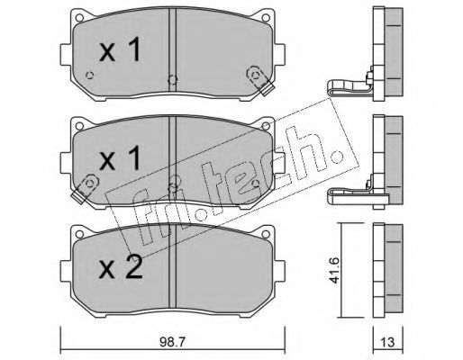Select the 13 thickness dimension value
tap(387, 342)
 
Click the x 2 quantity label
tap(121, 267)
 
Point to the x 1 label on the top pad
tap(120, 49)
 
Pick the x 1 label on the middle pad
tap(120, 158)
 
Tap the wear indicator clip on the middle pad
tap(85, 189)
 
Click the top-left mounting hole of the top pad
tap(79, 18)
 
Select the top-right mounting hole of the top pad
tap(265, 18)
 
